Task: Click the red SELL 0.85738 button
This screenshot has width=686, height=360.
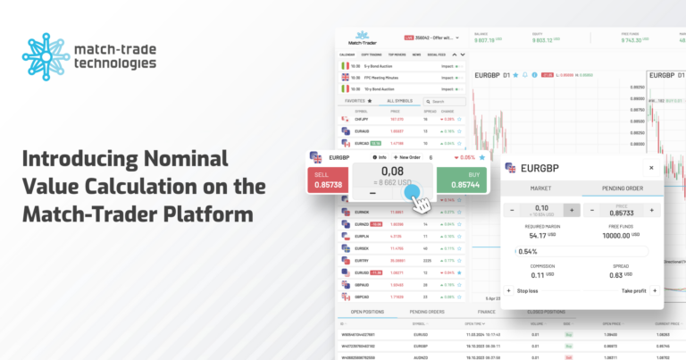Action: coord(328,179)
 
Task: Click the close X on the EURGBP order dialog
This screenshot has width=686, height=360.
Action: coord(650,167)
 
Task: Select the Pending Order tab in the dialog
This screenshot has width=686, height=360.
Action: coord(623,188)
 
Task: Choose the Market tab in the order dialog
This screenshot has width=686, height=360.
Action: coord(541,188)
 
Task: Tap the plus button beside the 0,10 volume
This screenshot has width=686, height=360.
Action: coord(571,210)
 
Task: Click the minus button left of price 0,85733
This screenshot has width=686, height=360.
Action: coord(592,210)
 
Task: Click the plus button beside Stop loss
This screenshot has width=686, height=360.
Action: coord(508,290)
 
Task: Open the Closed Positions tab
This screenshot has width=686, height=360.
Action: coord(546,311)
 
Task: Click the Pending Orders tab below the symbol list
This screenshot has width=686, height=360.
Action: coord(428,311)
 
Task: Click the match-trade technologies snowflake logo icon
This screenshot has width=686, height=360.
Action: coord(46,57)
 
